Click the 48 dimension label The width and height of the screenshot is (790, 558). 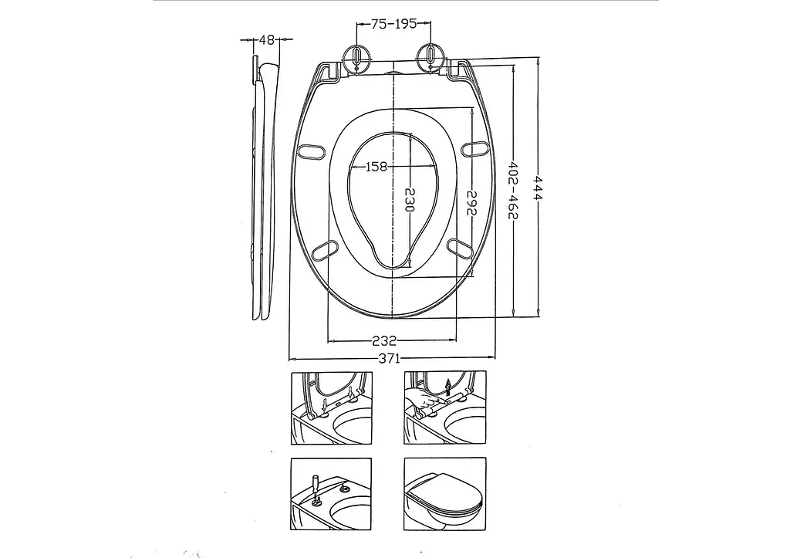[267, 40]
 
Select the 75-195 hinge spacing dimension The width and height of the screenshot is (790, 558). [394, 23]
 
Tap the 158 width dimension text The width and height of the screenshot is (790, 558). [376, 167]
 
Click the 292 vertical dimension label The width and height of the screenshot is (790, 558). [471, 203]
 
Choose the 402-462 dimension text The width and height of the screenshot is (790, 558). [512, 191]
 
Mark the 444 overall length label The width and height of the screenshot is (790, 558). [538, 188]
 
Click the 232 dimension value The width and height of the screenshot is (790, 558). [384, 341]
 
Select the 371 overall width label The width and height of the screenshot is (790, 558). [389, 358]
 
